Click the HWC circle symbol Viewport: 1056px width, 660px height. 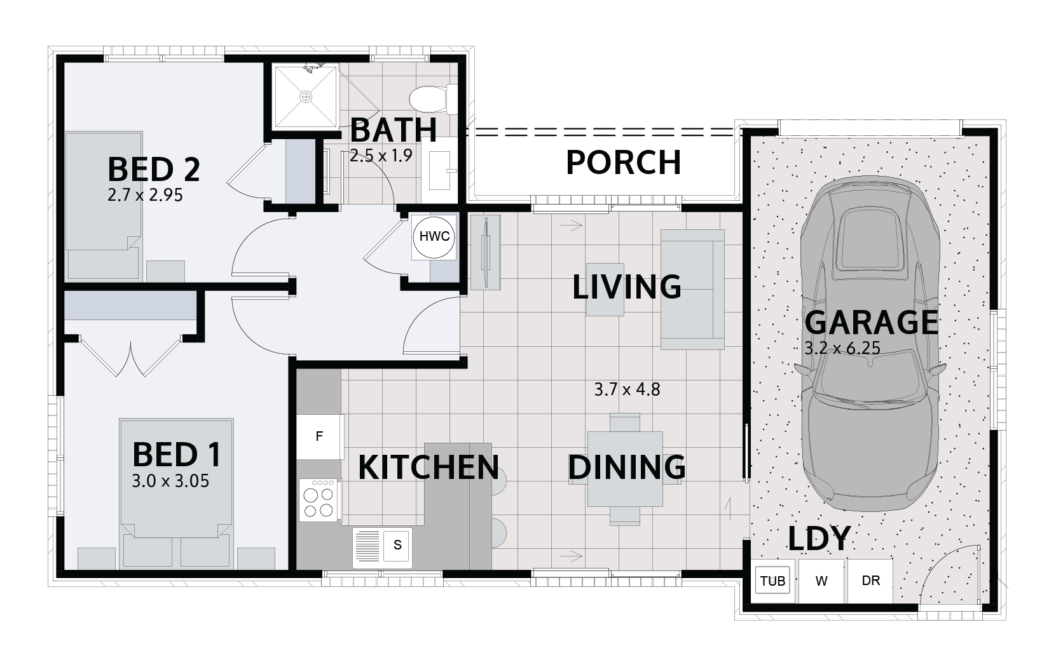pos(434,237)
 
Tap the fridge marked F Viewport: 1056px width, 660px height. pos(320,436)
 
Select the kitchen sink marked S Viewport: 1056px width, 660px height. pos(382,548)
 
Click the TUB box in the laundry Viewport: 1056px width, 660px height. pos(772,581)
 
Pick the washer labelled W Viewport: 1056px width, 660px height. pos(821,581)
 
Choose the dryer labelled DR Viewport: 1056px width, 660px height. pos(870,581)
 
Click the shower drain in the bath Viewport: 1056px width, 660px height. pos(306,97)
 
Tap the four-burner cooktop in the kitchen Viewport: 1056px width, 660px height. pos(319,500)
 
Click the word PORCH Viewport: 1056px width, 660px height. pos(623,163)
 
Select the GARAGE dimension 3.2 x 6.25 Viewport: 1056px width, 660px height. pos(842,349)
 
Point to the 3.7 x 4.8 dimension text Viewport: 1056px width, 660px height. pos(627,389)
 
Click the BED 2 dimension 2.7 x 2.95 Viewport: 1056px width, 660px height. pos(145,195)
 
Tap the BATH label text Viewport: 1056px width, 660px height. pos(393,130)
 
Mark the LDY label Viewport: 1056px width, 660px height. pos(819,539)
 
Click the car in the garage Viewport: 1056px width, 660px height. pos(870,344)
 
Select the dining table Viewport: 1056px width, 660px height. pos(625,469)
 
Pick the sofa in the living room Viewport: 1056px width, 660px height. pos(692,289)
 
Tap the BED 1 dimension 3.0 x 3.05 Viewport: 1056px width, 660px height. pos(170,482)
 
